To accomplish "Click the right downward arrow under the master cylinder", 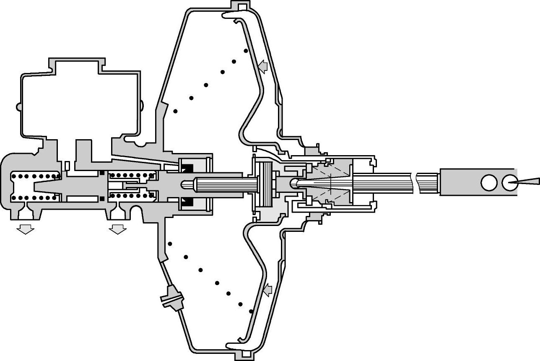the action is tap(117, 229).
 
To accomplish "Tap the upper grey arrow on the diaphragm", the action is tap(263, 66).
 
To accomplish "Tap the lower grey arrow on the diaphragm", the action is tap(267, 289).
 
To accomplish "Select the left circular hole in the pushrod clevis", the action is tap(488, 182).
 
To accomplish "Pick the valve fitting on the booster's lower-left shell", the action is tap(172, 299).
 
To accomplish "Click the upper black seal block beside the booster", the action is tap(186, 167).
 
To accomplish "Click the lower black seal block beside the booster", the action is tap(186, 203).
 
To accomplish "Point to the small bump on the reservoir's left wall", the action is tap(19, 107).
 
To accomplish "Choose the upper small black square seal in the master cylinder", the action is tap(102, 173).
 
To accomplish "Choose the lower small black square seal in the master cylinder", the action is tap(102, 198).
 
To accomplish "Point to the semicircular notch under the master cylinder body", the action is tap(136, 212).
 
